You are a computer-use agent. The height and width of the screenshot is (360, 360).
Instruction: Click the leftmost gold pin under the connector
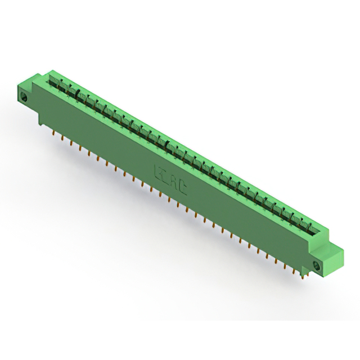click(53, 134)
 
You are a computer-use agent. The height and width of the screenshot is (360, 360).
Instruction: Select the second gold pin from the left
click(62, 138)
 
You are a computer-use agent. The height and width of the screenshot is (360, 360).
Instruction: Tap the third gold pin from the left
click(71, 143)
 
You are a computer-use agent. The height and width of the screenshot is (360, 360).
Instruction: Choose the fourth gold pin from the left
click(80, 148)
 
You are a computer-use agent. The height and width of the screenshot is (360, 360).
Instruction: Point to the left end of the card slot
click(56, 76)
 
